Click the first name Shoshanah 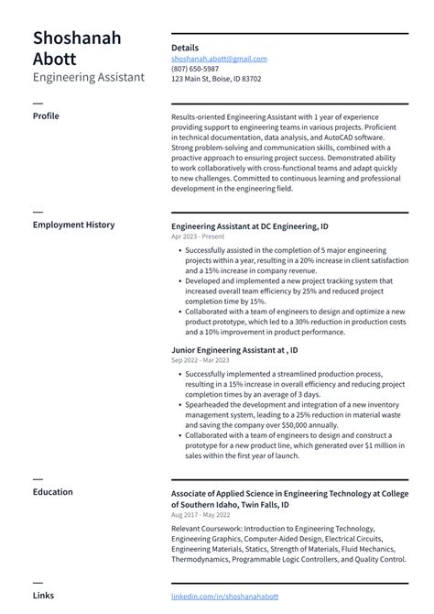pyautogui.click(x=77, y=38)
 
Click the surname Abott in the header pyautogui.click(x=56, y=59)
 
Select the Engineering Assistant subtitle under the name pyautogui.click(x=88, y=78)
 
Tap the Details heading pyautogui.click(x=185, y=48)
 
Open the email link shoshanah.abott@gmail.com pyautogui.click(x=219, y=59)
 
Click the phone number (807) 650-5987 pyautogui.click(x=195, y=69)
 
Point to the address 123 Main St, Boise pyautogui.click(x=216, y=79)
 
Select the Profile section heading pyautogui.click(x=46, y=116)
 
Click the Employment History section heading pyautogui.click(x=73, y=225)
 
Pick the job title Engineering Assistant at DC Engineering pyautogui.click(x=249, y=225)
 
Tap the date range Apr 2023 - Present pyautogui.click(x=196, y=236)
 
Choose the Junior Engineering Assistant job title pyautogui.click(x=233, y=350)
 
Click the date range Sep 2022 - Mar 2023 pyautogui.click(x=200, y=360)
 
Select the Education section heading pyautogui.click(x=52, y=492)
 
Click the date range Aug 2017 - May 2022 pyautogui.click(x=200, y=515)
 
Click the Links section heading pyautogui.click(x=43, y=596)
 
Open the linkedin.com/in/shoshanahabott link pyautogui.click(x=224, y=597)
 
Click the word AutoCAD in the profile pyautogui.click(x=342, y=137)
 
